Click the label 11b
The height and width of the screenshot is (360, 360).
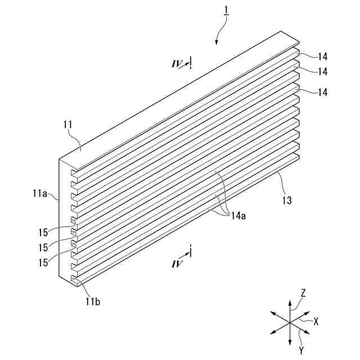[93, 301]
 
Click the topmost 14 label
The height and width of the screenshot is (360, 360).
[322, 56]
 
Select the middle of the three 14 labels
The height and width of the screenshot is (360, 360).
[322, 71]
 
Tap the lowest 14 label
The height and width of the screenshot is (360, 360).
[322, 92]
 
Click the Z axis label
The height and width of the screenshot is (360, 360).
[303, 293]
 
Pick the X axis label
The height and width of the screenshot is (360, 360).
[316, 322]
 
